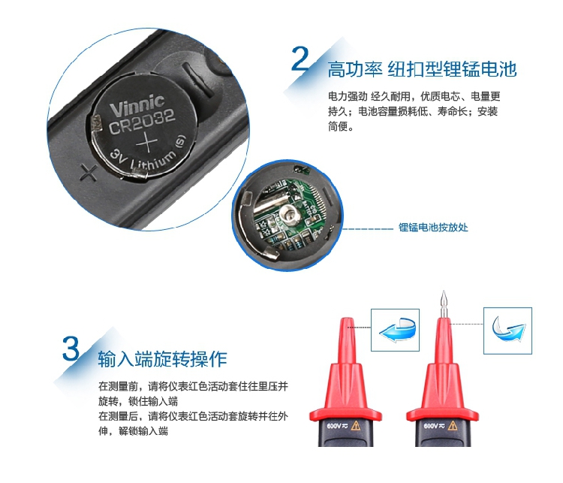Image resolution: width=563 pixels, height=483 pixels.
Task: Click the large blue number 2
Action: tap(300, 59)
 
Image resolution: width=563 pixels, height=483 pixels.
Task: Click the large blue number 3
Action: tap(71, 349)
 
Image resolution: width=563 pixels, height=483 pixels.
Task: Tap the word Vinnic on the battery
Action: tap(137, 105)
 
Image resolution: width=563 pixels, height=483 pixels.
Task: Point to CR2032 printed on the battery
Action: tap(142, 122)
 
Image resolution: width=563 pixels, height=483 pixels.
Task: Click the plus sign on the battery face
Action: tap(146, 142)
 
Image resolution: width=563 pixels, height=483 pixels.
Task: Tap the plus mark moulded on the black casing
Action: tap(89, 173)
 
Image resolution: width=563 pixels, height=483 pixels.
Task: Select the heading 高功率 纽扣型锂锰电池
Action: tap(422, 69)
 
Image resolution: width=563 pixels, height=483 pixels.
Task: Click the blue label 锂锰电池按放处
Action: tap(433, 227)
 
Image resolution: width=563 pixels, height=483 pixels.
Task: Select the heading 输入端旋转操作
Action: tap(162, 358)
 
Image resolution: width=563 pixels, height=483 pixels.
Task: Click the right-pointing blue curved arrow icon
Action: tap(507, 328)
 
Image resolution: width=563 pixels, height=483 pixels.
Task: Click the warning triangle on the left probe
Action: tap(356, 426)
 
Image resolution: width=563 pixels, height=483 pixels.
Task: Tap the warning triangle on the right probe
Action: tap(453, 426)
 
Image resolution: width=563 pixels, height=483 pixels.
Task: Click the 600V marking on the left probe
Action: tap(334, 426)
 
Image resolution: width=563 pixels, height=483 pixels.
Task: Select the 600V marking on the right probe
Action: tap(431, 426)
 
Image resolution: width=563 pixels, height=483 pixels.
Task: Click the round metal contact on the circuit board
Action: tap(290, 215)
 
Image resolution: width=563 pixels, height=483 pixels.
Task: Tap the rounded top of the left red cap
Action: tap(347, 321)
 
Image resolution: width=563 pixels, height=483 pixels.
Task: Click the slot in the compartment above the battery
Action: tap(197, 80)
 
